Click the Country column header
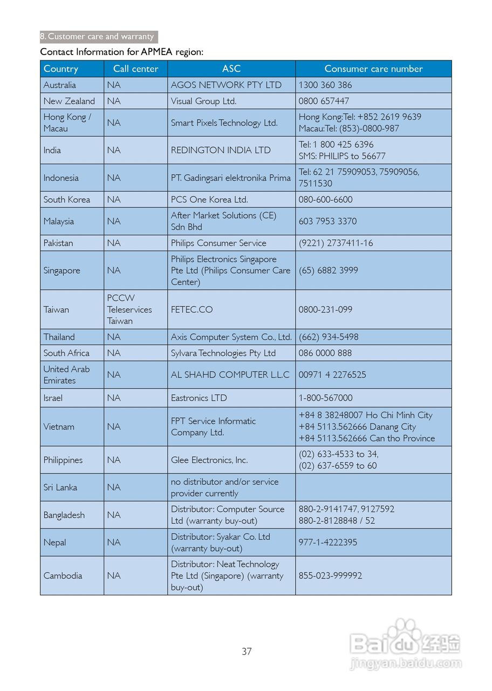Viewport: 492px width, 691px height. pyautogui.click(x=61, y=69)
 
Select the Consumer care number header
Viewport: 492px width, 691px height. pyautogui.click(x=373, y=69)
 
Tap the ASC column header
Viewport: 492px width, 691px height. pyautogui.click(x=231, y=69)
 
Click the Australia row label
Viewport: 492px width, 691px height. pyautogui.click(x=60, y=85)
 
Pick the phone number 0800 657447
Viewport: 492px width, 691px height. pyautogui.click(x=324, y=101)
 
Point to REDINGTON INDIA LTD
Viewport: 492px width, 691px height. pyautogui.click(x=221, y=150)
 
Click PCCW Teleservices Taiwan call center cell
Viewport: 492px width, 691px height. pyautogui.click(x=129, y=309)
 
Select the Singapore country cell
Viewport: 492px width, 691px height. pyautogui.click(x=61, y=270)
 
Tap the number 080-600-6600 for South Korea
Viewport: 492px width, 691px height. pyautogui.click(x=325, y=199)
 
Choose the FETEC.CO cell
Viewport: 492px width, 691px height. pyautogui.click(x=192, y=309)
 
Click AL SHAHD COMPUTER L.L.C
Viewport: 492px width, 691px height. pyautogui.click(x=230, y=375)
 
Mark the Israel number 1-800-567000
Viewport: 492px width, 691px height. pyautogui.click(x=325, y=398)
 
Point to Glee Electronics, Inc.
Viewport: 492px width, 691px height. pyautogui.click(x=209, y=460)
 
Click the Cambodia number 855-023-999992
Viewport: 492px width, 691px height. pyautogui.click(x=330, y=575)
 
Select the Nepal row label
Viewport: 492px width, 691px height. pyautogui.click(x=54, y=543)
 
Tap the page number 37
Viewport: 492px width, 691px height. pyautogui.click(x=247, y=652)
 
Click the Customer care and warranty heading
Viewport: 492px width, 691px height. pyautogui.click(x=99, y=37)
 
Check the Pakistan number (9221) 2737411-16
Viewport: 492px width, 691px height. pyautogui.click(x=336, y=243)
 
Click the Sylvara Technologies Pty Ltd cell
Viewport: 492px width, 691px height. pyautogui.click(x=223, y=353)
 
